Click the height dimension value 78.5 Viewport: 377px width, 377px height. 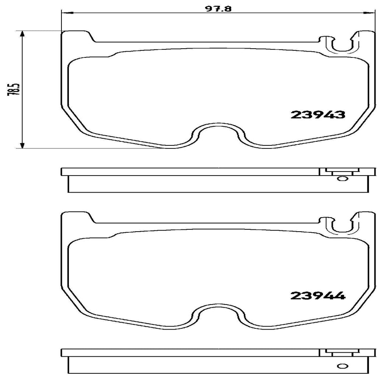pos(15,89)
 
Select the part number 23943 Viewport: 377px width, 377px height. pos(318,115)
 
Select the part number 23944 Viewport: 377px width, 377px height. pos(318,295)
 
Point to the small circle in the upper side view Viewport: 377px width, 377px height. pos(342,179)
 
